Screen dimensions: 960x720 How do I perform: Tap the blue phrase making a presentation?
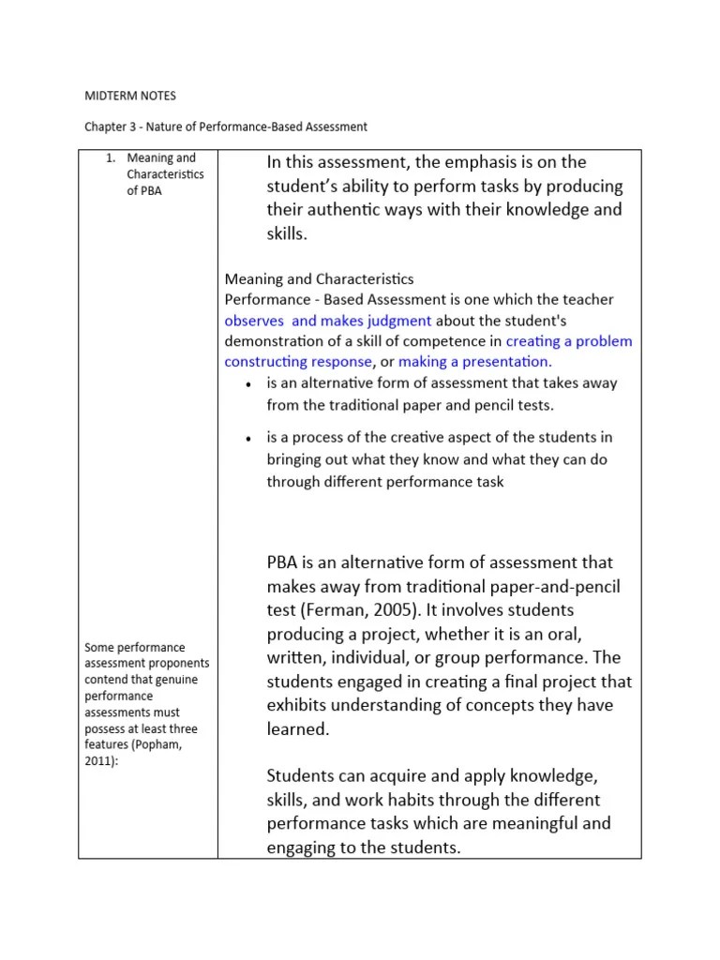coord(475,361)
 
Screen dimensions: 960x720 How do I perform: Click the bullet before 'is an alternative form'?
coord(247,384)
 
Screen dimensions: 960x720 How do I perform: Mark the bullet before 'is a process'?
coord(247,439)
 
